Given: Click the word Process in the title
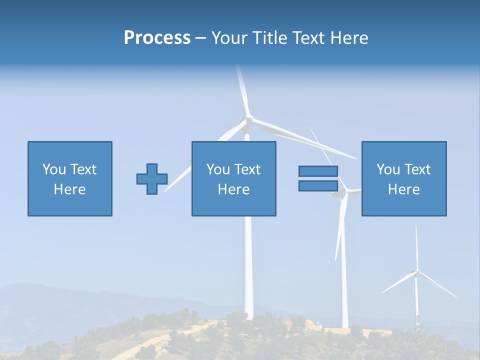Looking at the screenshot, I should pyautogui.click(x=157, y=37).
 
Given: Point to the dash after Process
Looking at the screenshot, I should pyautogui.click(x=201, y=38).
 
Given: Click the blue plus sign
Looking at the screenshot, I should pyautogui.click(x=152, y=179).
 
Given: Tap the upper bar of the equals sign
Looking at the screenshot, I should pyautogui.click(x=318, y=171).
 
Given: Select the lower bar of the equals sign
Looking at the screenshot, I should pyautogui.click(x=318, y=185).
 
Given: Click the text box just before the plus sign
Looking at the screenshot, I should pyautogui.click(x=70, y=178).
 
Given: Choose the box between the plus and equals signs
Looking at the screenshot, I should pyautogui.click(x=233, y=178).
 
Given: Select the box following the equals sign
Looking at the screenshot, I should pyautogui.click(x=403, y=178).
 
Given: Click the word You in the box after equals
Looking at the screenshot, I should pyautogui.click(x=388, y=169).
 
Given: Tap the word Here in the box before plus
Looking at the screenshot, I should pyautogui.click(x=70, y=189).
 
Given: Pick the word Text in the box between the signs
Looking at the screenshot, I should pyautogui.click(x=247, y=169).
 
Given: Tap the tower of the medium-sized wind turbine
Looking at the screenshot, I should pyautogui.click(x=344, y=280).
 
